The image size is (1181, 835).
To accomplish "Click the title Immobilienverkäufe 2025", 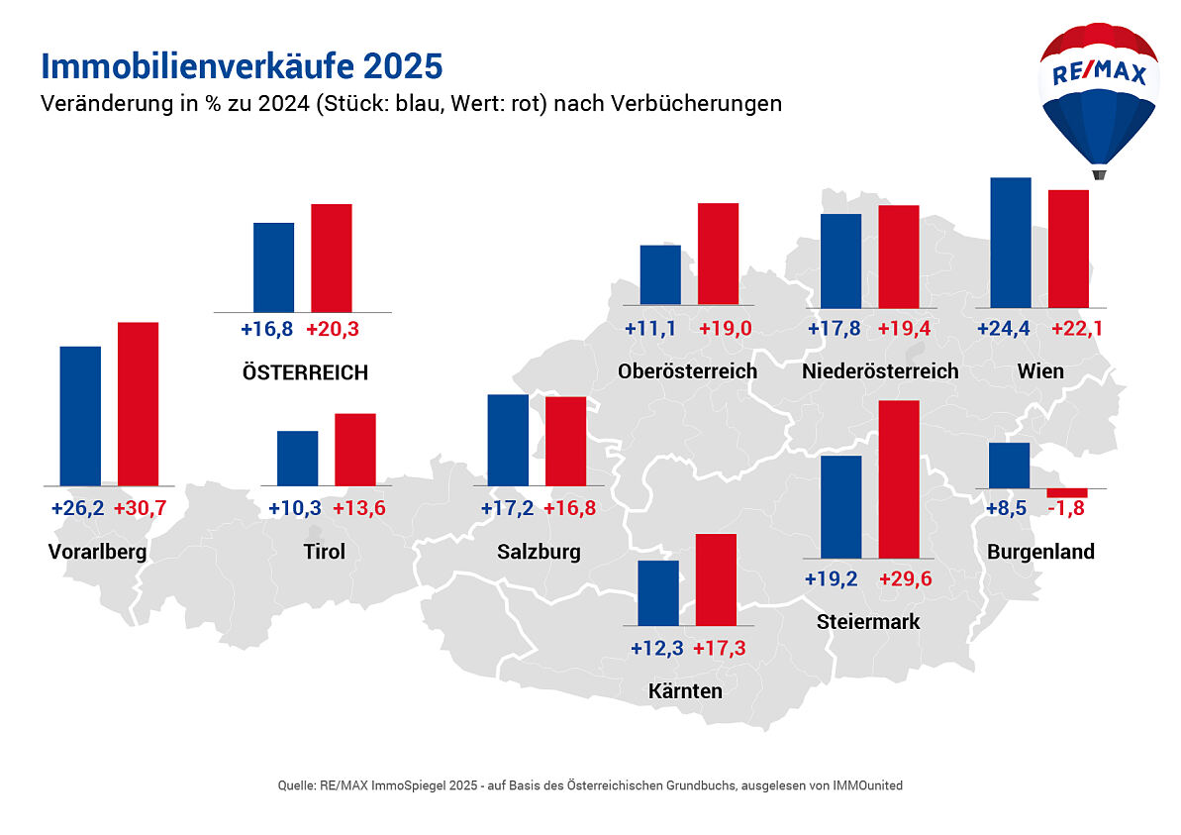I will [241, 66].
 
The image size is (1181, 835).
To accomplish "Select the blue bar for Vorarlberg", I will [80, 416].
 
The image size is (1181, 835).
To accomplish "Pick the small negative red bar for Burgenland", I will [1067, 492].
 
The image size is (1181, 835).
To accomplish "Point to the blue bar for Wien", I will [1011, 243].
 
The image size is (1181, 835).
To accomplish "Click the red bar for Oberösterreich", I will [718, 254].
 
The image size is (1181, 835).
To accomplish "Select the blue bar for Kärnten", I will [658, 593].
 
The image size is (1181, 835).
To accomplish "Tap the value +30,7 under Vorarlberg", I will [140, 509].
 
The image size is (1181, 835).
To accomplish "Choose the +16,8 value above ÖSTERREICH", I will [267, 330].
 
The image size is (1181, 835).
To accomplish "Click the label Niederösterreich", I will [880, 371].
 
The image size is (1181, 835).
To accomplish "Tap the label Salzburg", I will [539, 552].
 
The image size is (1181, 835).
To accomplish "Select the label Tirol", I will [324, 552].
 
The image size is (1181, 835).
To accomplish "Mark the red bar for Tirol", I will [354, 450].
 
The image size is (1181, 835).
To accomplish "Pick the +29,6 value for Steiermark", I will [906, 579].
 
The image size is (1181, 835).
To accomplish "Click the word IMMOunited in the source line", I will [868, 784].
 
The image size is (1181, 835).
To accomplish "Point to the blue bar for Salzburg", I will [508, 440].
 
